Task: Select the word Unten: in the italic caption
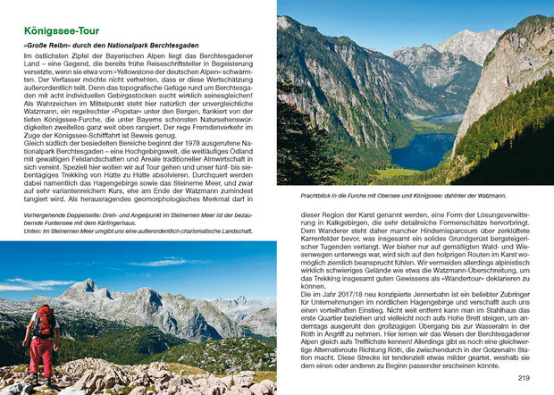click(34, 231)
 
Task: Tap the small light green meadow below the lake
click(399, 173)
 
